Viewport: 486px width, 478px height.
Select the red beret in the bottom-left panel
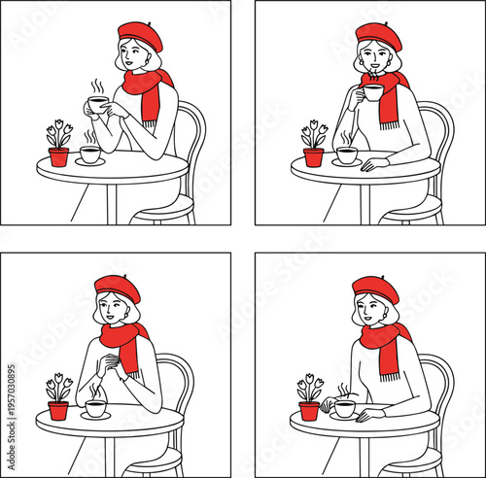pyautogui.click(x=117, y=286)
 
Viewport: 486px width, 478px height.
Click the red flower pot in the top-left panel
pyautogui.click(x=59, y=156)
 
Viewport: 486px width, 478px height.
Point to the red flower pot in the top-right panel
pyautogui.click(x=313, y=157)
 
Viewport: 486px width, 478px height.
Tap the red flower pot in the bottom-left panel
pyautogui.click(x=58, y=410)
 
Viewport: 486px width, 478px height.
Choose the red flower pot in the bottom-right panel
pyautogui.click(x=309, y=410)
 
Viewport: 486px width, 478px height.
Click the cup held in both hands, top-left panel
pyautogui.click(x=98, y=104)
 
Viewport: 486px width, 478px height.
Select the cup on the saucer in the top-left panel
pyautogui.click(x=89, y=154)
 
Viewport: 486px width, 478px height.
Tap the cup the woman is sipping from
pyautogui.click(x=373, y=93)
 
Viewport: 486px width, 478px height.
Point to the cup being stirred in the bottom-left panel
pyautogui.click(x=94, y=409)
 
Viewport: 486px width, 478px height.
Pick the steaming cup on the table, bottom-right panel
pyautogui.click(x=344, y=409)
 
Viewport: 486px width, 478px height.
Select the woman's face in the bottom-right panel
pyautogui.click(x=369, y=310)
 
